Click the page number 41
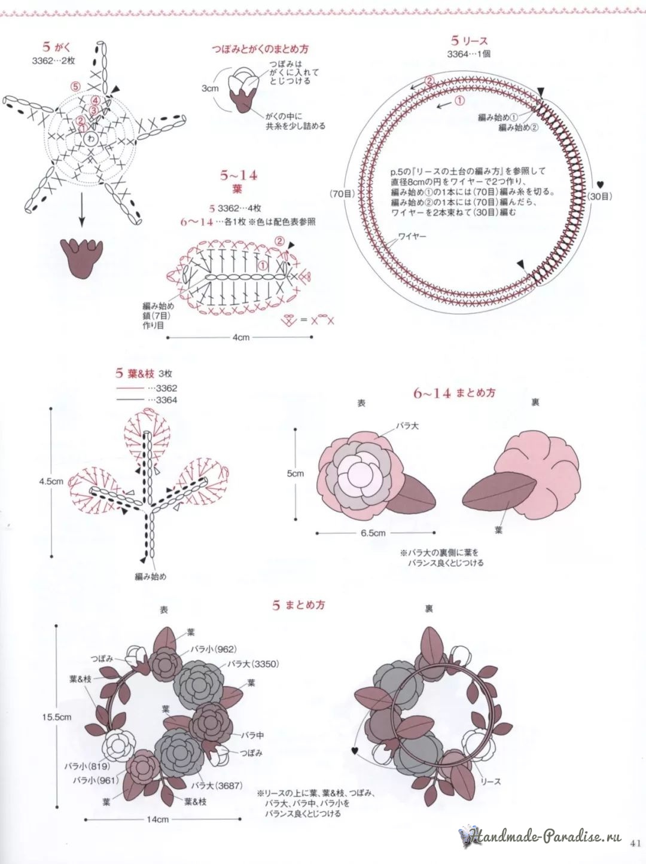pos(635,844)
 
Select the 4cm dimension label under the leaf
pos(241,337)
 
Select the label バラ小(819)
pos(88,765)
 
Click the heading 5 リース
pos(470,41)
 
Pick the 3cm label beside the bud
pos(210,88)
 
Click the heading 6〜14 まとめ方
pos(455,393)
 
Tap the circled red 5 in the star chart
pos(75,86)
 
